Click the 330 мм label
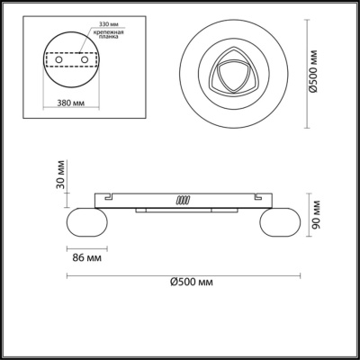pyautogui.click(x=109, y=23)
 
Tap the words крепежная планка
pyautogui.click(x=108, y=34)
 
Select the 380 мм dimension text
pyautogui.click(x=71, y=103)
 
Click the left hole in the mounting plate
pyautogui.click(x=59, y=59)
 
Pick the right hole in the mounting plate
pyautogui.click(x=85, y=59)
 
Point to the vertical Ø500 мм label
pyautogui.click(x=313, y=72)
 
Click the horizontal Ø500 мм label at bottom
pyautogui.click(x=192, y=282)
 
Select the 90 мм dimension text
pyautogui.click(x=316, y=214)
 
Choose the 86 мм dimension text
pyautogui.click(x=87, y=257)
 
